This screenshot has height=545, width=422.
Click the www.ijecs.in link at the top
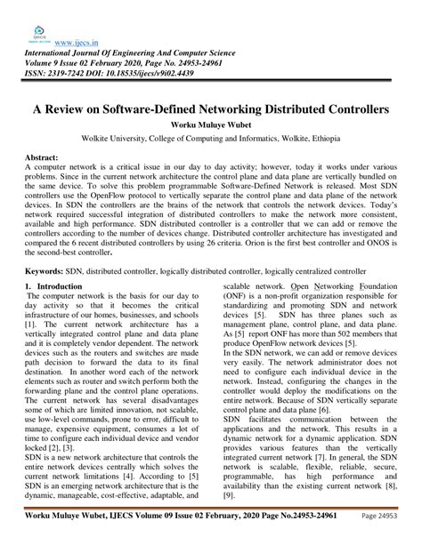[x=76, y=40]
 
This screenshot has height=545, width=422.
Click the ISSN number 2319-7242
[x=80, y=74]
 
